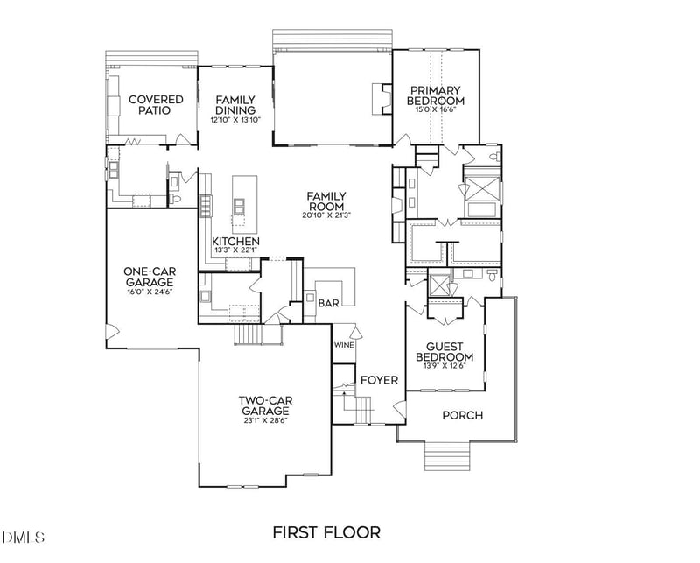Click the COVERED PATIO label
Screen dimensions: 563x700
point(156,105)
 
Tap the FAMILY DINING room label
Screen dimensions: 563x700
point(235,105)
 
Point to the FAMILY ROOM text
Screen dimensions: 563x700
point(325,201)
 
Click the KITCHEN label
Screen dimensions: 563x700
point(235,242)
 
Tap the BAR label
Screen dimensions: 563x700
point(328,303)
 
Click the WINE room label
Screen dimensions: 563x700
point(343,345)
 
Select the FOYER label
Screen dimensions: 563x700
point(380,380)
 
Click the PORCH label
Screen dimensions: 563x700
point(462,415)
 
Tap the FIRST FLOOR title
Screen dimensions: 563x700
point(326,531)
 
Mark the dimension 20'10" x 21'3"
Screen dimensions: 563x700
point(325,215)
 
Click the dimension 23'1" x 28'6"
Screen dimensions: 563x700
point(266,421)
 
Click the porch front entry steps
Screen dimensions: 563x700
point(446,456)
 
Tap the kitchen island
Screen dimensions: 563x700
point(239,206)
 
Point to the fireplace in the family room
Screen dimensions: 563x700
point(378,99)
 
